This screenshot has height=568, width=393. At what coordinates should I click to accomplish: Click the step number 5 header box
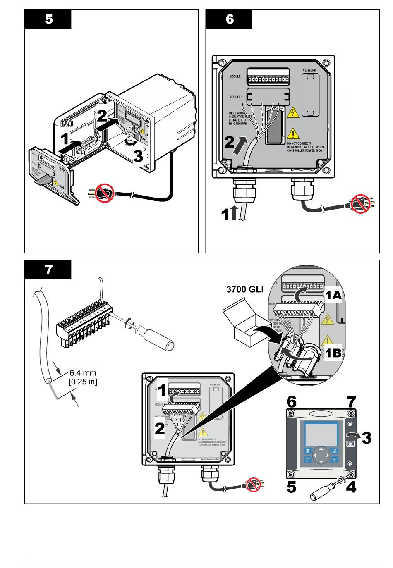(x=48, y=19)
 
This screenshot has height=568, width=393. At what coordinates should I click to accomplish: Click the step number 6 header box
(x=229, y=19)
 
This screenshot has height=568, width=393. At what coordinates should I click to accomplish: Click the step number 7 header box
(x=48, y=270)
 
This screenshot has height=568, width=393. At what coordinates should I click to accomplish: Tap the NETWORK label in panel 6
(x=309, y=70)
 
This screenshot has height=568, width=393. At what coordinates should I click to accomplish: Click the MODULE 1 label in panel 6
(x=236, y=76)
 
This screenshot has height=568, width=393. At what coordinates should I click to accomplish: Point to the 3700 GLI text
(x=244, y=289)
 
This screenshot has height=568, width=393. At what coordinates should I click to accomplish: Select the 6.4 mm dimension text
(x=83, y=373)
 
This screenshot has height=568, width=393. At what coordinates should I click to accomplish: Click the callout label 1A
(x=333, y=295)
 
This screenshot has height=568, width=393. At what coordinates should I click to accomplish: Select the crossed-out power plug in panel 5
(x=104, y=193)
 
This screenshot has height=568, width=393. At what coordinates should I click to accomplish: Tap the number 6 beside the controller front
(x=292, y=401)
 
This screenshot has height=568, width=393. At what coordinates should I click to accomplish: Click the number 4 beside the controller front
(x=351, y=487)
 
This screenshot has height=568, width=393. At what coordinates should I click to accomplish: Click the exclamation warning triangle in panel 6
(x=293, y=133)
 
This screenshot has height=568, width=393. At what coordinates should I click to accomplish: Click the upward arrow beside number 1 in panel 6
(x=235, y=214)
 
